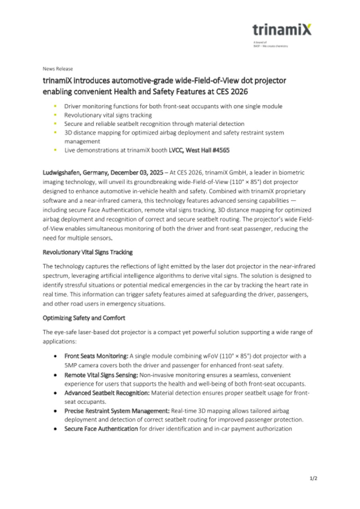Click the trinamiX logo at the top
[x=282, y=29]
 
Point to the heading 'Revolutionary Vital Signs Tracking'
[x=88, y=252]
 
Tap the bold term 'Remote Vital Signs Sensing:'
[x=101, y=375]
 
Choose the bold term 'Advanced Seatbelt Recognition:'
[x=107, y=393]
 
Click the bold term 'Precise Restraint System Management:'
[x=117, y=410]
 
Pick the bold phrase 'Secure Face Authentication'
[x=101, y=429]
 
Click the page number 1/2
[x=313, y=478]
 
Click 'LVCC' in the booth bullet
[x=175, y=150]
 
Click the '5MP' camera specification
[x=70, y=365]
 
